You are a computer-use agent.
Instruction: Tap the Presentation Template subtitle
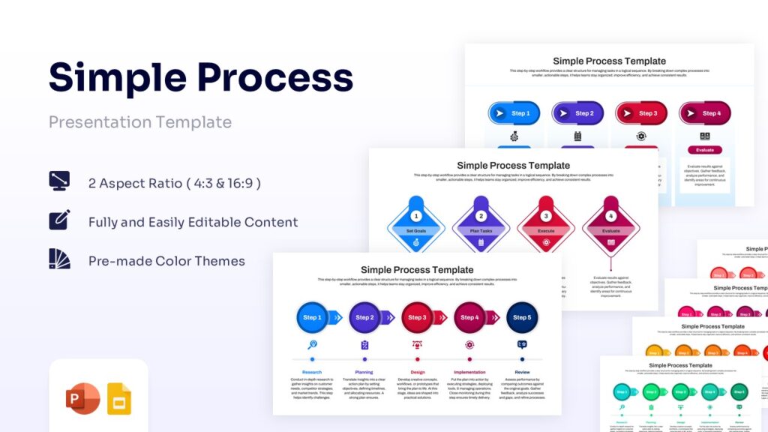pos(140,121)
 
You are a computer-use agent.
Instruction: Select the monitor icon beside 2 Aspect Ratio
pos(59,181)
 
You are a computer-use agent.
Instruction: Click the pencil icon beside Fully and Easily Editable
pos(59,220)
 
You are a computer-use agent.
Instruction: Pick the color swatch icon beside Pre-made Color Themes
pos(59,259)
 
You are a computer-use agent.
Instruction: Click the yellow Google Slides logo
pos(119,398)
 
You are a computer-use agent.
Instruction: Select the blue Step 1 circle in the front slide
pos(312,317)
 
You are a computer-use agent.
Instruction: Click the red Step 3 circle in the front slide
pos(417,317)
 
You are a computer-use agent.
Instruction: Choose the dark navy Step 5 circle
pos(521,317)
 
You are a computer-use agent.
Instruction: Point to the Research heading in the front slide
pos(312,372)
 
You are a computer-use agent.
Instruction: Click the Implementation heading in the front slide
pos(469,372)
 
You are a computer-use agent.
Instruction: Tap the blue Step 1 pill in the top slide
pos(514,113)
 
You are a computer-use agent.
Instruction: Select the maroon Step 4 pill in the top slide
pos(705,113)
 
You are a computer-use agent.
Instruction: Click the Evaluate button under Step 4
pos(705,150)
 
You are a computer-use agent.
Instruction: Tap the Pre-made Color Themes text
pos(166,261)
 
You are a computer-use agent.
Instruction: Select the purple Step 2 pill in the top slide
pos(577,113)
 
